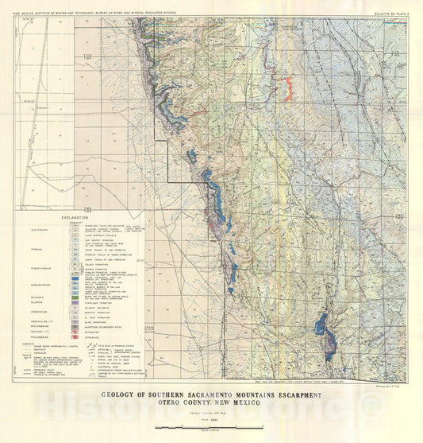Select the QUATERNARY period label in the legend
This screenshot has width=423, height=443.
(29, 230)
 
